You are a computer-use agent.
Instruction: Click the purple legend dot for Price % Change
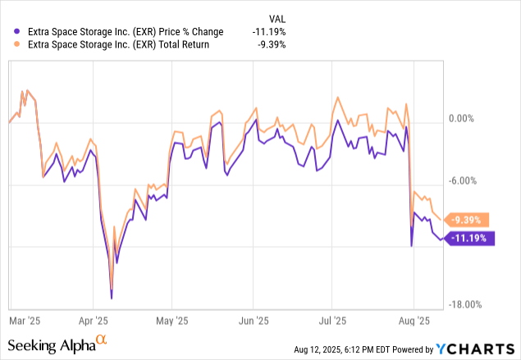(9, 32)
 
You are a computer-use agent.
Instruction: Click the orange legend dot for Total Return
(9, 45)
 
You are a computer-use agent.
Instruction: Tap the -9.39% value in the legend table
(272, 45)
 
